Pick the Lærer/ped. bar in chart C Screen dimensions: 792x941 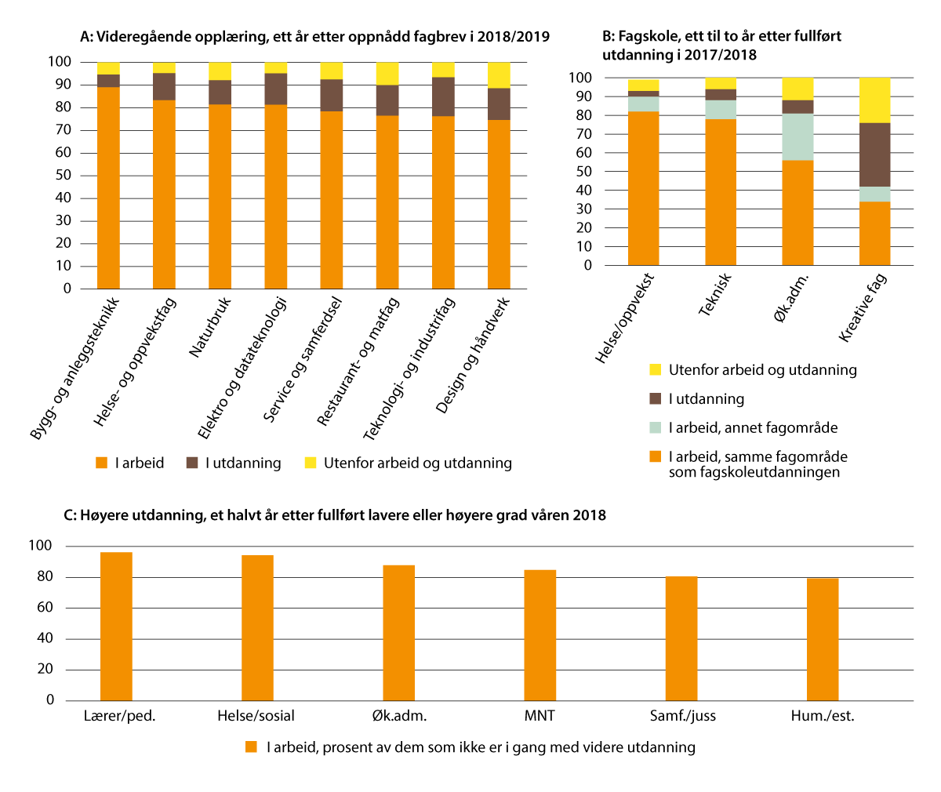(x=116, y=626)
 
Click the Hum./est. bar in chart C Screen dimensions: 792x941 (x=823, y=639)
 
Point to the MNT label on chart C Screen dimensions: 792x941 (x=540, y=716)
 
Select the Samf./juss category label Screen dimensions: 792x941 (x=683, y=716)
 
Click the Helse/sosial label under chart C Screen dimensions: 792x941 (x=256, y=716)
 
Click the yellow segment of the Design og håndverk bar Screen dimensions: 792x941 (x=499, y=74)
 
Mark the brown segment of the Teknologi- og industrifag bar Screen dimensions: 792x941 (x=443, y=96)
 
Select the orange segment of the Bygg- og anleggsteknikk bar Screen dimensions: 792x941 (x=108, y=187)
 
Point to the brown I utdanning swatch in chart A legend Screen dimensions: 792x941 (x=192, y=463)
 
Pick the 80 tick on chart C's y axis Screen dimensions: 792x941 (x=45, y=577)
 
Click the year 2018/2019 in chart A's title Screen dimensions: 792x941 (x=512, y=37)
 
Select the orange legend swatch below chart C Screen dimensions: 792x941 (x=251, y=747)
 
